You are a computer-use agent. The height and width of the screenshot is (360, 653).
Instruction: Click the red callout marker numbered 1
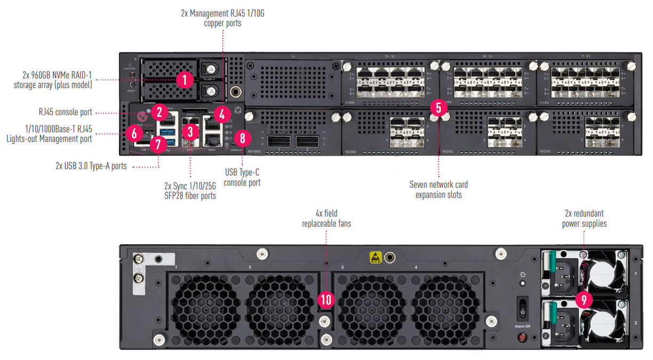[x=184, y=81]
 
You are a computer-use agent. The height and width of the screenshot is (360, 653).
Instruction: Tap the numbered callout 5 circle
[x=438, y=108]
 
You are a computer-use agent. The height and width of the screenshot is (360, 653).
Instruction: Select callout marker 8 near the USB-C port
[x=242, y=139]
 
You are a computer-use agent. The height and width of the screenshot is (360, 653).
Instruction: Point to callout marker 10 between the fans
[x=325, y=300]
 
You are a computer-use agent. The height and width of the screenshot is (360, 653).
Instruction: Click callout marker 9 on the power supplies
[x=584, y=299]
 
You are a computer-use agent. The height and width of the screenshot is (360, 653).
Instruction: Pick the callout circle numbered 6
[x=134, y=133]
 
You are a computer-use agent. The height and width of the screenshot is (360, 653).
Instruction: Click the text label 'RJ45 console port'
[x=65, y=113]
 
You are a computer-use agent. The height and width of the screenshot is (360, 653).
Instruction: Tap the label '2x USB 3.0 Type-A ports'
[x=91, y=166]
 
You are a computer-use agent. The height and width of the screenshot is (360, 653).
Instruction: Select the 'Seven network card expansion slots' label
[x=438, y=190]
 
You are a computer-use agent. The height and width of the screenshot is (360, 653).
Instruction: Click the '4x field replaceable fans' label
[x=326, y=219]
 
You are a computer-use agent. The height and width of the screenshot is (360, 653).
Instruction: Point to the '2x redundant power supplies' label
[x=584, y=219]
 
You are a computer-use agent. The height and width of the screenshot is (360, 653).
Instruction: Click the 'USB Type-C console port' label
[x=241, y=178]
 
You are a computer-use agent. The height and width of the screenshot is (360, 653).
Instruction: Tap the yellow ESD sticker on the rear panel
[x=376, y=257]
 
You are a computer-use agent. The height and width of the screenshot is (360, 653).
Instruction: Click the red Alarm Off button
[x=523, y=337]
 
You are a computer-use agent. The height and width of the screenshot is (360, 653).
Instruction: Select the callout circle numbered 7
[x=158, y=143]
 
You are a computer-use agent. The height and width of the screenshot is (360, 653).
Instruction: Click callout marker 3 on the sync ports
[x=189, y=131]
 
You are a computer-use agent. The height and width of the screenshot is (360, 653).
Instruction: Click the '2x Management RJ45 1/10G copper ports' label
[x=222, y=18]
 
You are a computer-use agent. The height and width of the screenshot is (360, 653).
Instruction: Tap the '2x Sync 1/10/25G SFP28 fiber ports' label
[x=190, y=191]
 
